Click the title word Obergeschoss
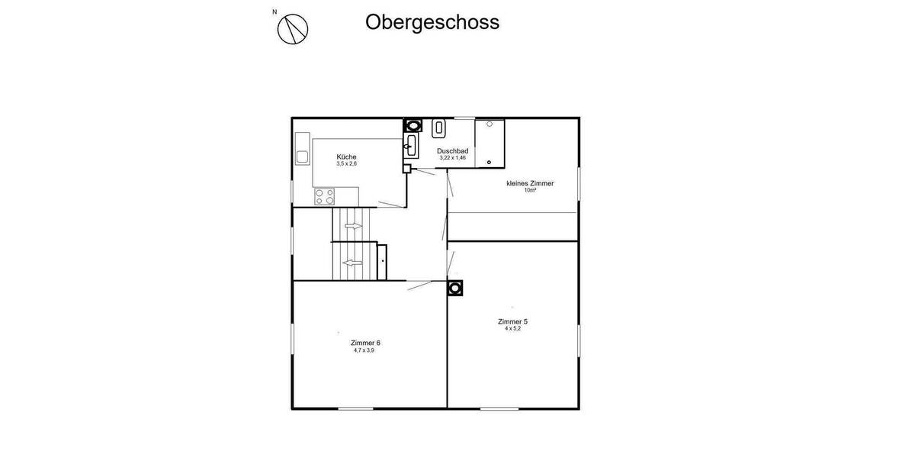click(432, 22)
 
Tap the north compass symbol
click(293, 29)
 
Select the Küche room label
click(346, 156)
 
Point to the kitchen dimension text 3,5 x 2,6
click(346, 164)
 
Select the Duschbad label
click(452, 151)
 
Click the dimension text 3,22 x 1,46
click(452, 158)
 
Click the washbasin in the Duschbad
click(410, 144)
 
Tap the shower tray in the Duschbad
click(490, 142)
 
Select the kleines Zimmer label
click(530, 183)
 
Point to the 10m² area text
click(530, 191)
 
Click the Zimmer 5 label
click(512, 321)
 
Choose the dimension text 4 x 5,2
click(512, 329)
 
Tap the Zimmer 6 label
click(365, 343)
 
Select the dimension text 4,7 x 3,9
click(364, 350)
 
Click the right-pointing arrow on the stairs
click(353, 226)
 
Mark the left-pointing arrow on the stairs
click(352, 263)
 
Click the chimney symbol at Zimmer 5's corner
click(455, 288)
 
